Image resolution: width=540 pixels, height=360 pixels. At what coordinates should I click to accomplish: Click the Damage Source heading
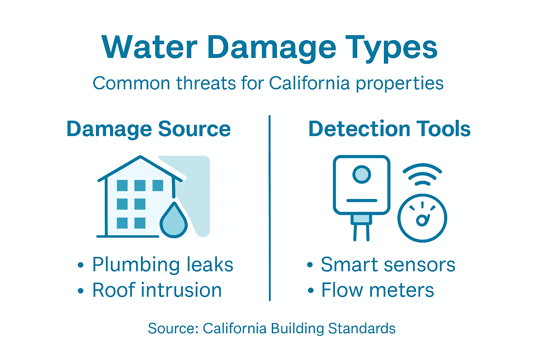click(x=148, y=129)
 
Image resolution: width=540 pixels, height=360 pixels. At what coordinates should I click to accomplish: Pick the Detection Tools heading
click(x=389, y=129)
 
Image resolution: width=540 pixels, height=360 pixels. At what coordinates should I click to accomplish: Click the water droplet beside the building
click(x=174, y=220)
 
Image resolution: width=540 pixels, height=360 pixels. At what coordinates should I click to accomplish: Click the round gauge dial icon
click(x=422, y=218)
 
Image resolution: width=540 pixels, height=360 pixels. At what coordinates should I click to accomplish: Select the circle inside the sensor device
click(x=361, y=174)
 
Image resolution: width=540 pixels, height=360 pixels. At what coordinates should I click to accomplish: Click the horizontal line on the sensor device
click(x=361, y=201)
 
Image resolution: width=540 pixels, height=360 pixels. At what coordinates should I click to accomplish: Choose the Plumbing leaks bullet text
click(x=162, y=264)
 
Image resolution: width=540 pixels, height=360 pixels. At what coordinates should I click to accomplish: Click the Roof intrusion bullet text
click(x=157, y=290)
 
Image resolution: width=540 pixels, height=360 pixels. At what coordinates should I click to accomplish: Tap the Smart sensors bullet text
click(x=388, y=264)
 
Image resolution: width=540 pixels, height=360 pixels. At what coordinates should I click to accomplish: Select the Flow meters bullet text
click(x=378, y=290)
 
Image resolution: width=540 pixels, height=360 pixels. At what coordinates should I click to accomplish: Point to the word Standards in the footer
click(x=362, y=328)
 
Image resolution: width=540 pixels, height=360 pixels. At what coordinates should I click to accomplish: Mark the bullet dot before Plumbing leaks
click(x=81, y=265)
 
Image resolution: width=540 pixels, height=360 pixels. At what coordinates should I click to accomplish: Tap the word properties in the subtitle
click(x=399, y=84)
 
